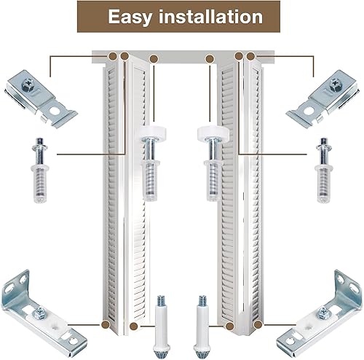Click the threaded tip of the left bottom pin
(x=160, y=301)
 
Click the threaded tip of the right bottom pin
(x=202, y=301)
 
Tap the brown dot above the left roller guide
(x=153, y=58)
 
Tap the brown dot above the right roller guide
(x=210, y=58)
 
